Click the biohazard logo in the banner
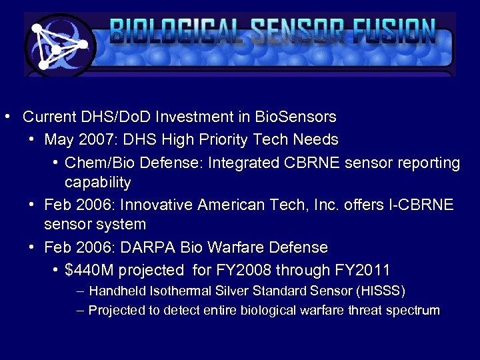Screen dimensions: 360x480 click(x=59, y=45)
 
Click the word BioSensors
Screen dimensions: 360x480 click(x=296, y=117)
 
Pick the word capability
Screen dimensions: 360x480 click(x=97, y=182)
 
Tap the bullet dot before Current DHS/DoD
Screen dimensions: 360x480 click(x=6, y=117)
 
